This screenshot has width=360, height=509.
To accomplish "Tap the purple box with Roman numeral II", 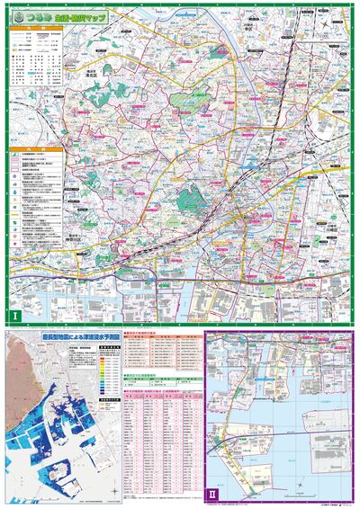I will point(212,493).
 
